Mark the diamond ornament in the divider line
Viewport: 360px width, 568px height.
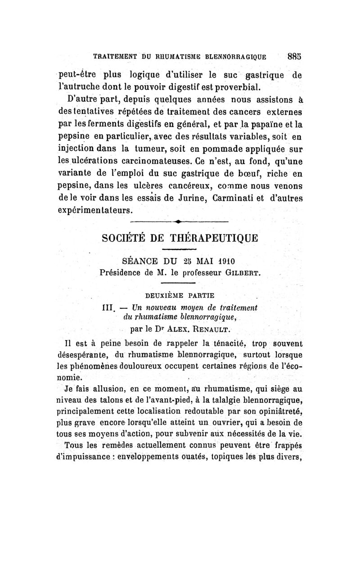pos(179,221)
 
